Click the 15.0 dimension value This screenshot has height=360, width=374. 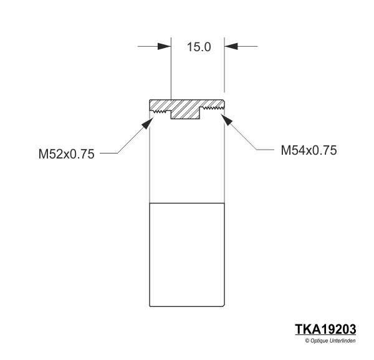199,47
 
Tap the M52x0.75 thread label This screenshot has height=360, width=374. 66,154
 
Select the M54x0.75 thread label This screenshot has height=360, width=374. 309,150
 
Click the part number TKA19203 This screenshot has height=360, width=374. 325,329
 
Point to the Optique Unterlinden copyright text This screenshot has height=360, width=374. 330,341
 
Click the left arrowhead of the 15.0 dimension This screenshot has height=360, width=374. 165,46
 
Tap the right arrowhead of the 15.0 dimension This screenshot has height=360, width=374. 231,46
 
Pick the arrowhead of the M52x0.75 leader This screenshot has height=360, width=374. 148,123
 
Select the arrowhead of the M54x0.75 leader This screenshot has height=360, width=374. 227,120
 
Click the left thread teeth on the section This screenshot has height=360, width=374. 160,111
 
